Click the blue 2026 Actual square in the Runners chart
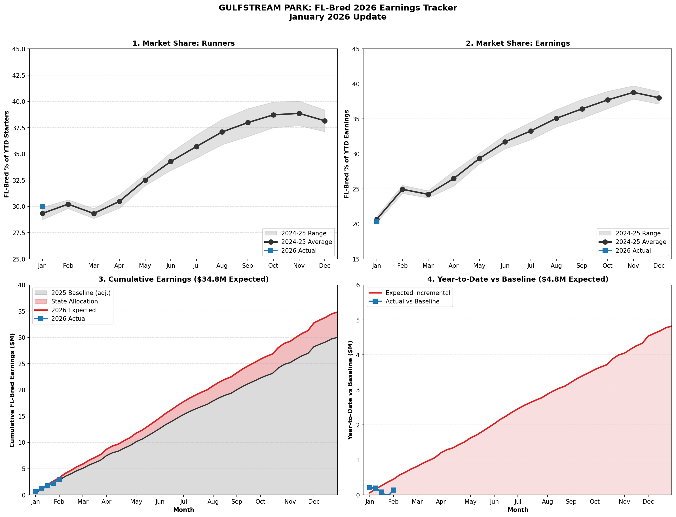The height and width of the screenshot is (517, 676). pyautogui.click(x=43, y=206)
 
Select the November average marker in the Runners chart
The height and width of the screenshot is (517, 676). pyautogui.click(x=299, y=113)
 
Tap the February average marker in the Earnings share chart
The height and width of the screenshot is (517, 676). pyautogui.click(x=402, y=189)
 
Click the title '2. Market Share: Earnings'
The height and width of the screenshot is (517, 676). pyautogui.click(x=518, y=43)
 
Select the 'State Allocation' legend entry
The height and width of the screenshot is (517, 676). pyautogui.click(x=74, y=301)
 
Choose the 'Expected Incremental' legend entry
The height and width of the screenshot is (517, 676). pyautogui.click(x=418, y=293)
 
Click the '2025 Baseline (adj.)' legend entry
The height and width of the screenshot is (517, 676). pyautogui.click(x=81, y=293)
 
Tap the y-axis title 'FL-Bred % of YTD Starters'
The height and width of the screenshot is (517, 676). pyautogui.click(x=7, y=154)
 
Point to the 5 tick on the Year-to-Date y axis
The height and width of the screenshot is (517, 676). pyautogui.click(x=358, y=320)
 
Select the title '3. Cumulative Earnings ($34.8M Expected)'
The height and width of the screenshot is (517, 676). pyautogui.click(x=183, y=279)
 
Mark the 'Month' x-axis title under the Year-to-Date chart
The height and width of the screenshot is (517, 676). pyautogui.click(x=518, y=510)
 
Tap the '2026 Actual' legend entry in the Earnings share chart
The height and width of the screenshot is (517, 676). pyautogui.click(x=633, y=251)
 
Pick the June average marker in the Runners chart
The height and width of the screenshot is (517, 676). pyautogui.click(x=171, y=162)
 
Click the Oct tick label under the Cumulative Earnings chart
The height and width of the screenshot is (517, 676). pyautogui.click(x=260, y=502)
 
